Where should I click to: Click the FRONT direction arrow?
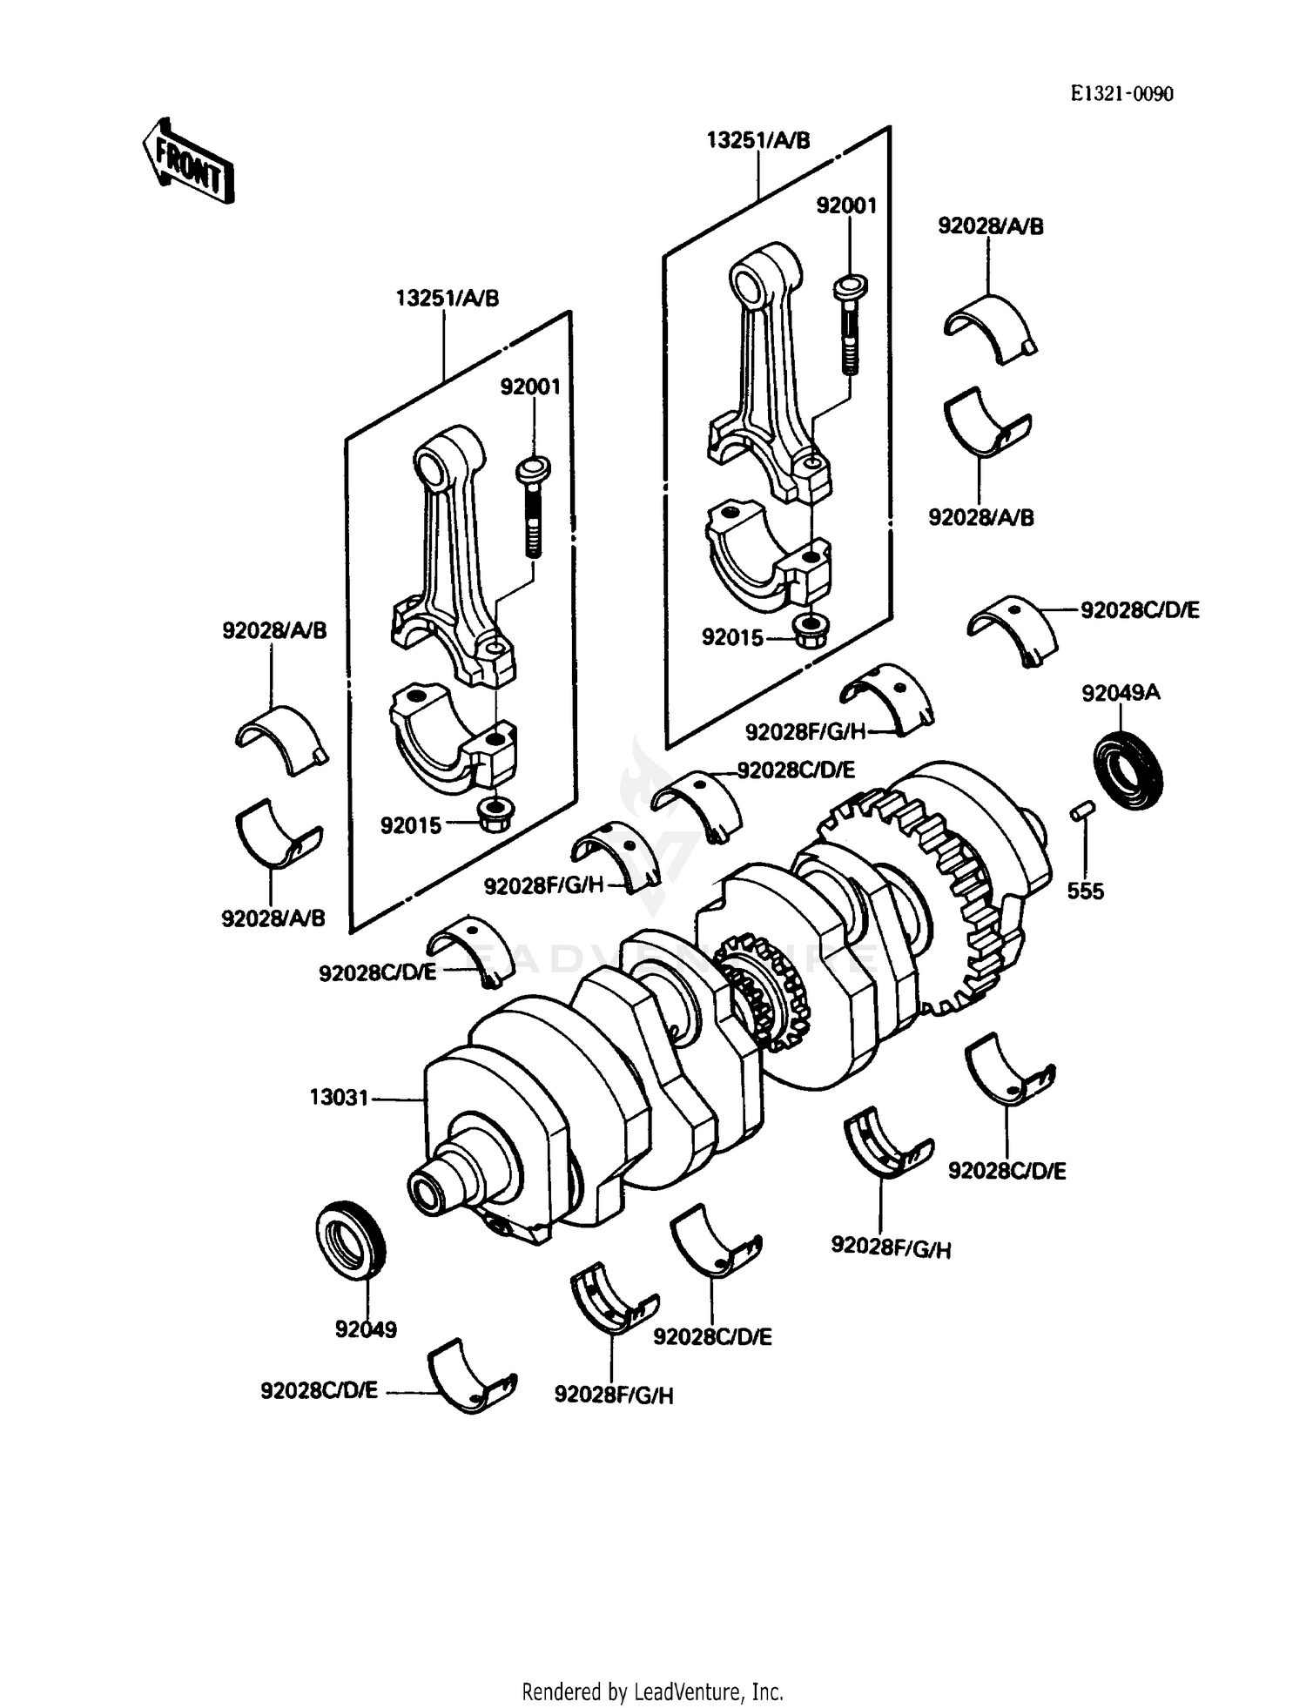click(x=188, y=162)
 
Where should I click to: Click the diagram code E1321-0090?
click(x=1121, y=94)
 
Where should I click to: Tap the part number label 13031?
click(x=339, y=1098)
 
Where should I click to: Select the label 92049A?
click(x=1121, y=693)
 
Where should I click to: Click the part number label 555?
click(x=1085, y=891)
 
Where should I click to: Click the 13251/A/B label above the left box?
click(x=448, y=299)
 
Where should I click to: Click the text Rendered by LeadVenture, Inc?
click(x=652, y=1691)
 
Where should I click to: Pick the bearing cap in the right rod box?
click(x=766, y=557)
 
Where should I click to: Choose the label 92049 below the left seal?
click(x=366, y=1329)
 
